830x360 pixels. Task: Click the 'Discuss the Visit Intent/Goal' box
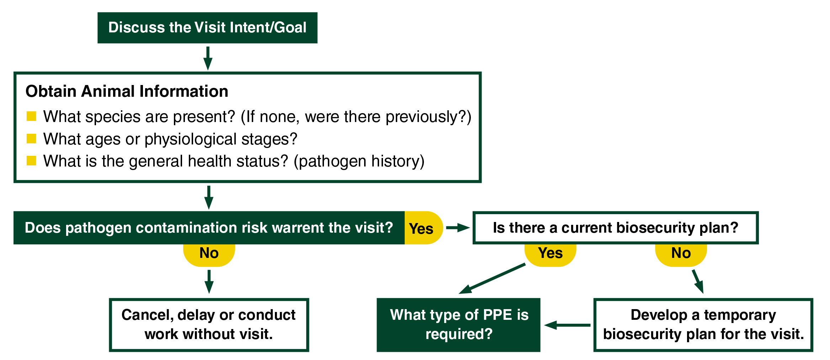coord(207,28)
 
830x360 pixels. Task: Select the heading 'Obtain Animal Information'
coord(127,91)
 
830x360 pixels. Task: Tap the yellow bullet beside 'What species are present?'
coord(31,116)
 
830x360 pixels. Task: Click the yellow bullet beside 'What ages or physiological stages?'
coord(31,139)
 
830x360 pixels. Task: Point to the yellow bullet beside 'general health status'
coord(31,161)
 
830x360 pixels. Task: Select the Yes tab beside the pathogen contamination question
coord(422,228)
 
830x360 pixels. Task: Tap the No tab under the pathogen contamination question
coord(209,253)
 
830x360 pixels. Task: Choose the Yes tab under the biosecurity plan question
coord(550,253)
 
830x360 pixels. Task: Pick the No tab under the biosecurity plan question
coord(681,253)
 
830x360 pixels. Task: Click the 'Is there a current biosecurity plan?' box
coord(615,228)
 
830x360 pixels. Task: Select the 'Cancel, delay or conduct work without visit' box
coord(209,325)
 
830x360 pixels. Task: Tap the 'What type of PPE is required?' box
coord(458,325)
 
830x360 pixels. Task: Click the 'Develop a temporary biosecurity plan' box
coord(703,325)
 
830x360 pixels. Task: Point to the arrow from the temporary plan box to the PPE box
coord(567,325)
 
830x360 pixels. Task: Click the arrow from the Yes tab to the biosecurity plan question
coord(458,228)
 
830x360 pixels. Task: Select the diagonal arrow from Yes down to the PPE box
coord(493,278)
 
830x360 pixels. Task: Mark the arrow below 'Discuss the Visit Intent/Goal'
coord(208,58)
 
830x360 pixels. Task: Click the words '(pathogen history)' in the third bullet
coord(359,161)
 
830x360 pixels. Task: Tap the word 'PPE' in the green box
coord(498,315)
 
